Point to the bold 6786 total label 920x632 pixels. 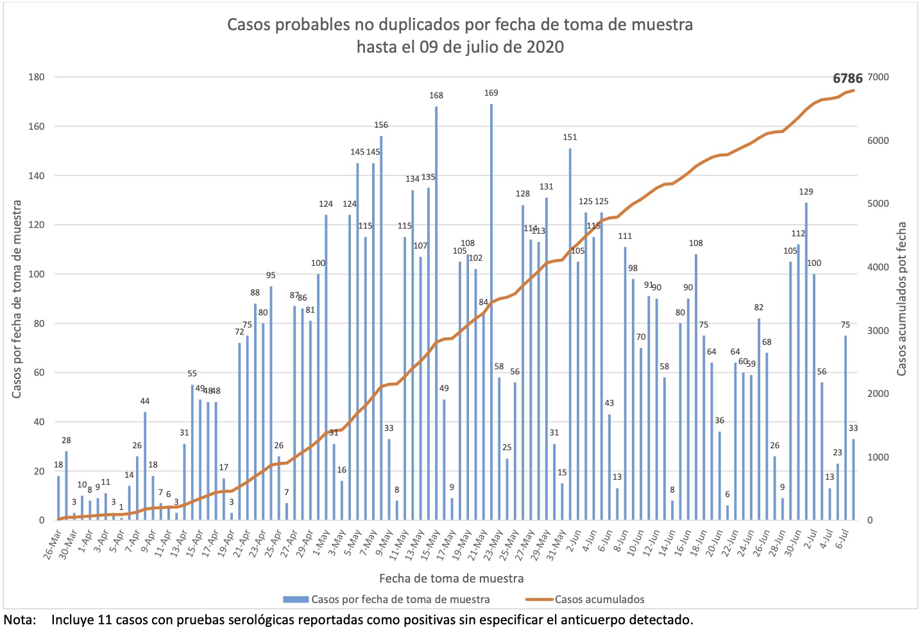848,78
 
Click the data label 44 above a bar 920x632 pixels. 145,401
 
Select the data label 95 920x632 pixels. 271,275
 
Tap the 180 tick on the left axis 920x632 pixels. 37,77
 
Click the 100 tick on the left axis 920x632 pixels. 37,274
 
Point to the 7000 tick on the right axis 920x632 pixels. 878,77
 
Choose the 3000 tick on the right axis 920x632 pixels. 878,331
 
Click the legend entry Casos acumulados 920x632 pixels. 599,599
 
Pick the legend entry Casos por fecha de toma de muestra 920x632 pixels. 400,599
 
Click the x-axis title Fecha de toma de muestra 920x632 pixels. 451,578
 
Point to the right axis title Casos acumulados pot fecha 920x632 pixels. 902,299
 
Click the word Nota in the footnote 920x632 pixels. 18,620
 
